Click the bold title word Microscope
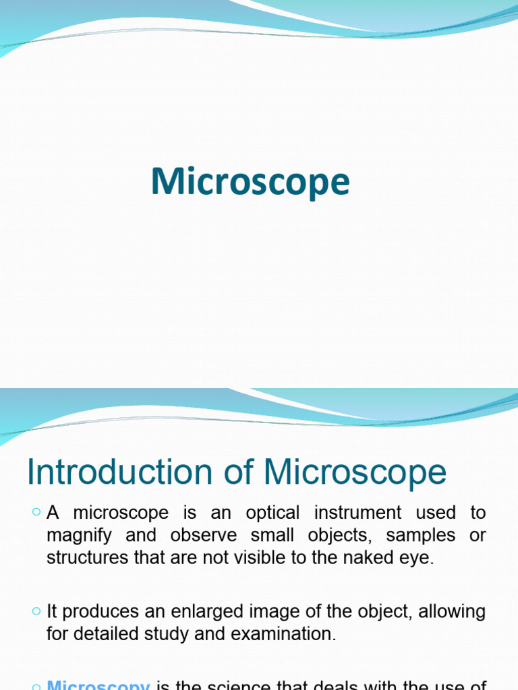pyautogui.click(x=250, y=182)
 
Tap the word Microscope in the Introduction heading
pyautogui.click(x=355, y=472)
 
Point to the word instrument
pyautogui.click(x=355, y=513)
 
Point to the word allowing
pyautogui.click(x=451, y=612)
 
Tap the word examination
pyautogui.click(x=279, y=635)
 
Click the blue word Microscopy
pyautogui.click(x=99, y=685)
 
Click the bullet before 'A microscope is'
pyautogui.click(x=36, y=513)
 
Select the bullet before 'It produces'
pyautogui.click(x=36, y=612)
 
